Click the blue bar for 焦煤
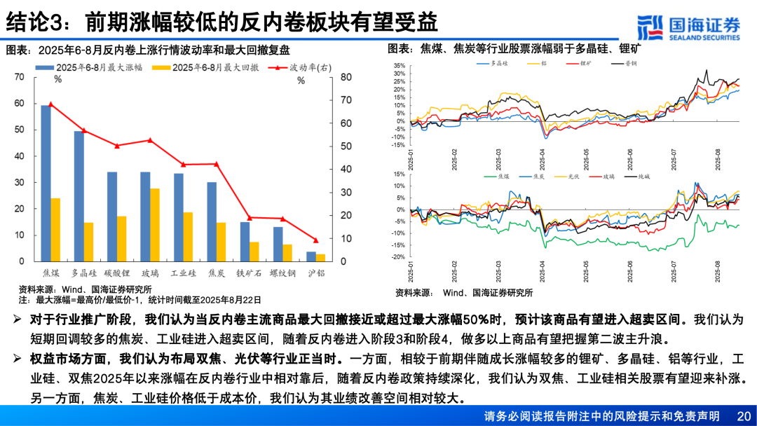click(x=46, y=184)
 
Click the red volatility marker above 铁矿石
click(x=250, y=218)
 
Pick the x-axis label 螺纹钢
click(x=282, y=272)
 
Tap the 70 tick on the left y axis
click(x=19, y=76)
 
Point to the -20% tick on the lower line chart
click(x=398, y=257)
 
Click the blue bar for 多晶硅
click(x=79, y=196)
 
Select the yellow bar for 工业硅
click(x=188, y=237)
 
